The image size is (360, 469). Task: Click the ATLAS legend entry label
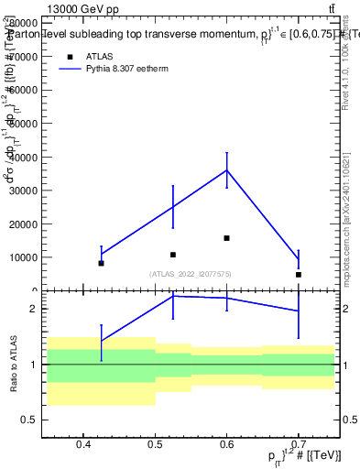[101, 56]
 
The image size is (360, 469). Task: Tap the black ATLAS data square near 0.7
[299, 274]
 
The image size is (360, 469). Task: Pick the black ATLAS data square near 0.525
[172, 255]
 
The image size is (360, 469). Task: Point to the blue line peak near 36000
[226, 170]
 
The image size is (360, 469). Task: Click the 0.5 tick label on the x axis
[155, 445]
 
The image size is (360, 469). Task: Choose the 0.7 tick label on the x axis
[299, 445]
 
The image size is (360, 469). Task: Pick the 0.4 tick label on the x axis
[83, 445]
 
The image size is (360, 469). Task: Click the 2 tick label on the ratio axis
[32, 310]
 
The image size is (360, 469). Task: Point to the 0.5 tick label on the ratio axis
[28, 420]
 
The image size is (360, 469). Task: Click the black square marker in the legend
[70, 56]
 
